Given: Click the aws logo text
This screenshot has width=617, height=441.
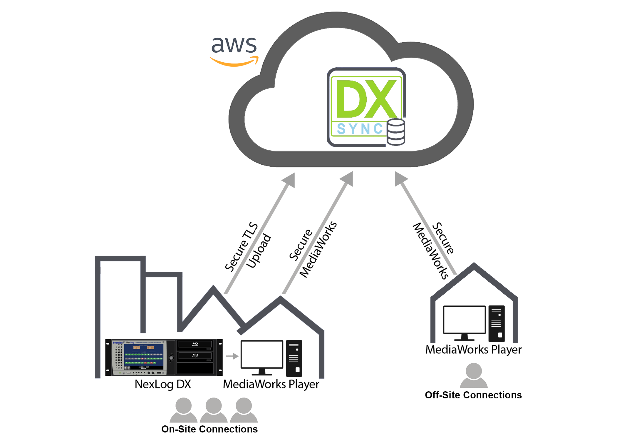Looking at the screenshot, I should click(x=234, y=45).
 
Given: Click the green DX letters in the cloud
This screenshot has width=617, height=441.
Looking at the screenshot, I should click(x=366, y=99).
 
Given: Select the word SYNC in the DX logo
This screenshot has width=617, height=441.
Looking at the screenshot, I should click(x=360, y=129).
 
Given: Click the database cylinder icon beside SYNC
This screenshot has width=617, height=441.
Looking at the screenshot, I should click(x=396, y=132).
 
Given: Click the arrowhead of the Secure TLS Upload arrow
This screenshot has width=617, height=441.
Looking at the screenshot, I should click(x=289, y=179).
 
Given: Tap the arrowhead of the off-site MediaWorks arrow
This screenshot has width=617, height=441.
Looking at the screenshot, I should click(x=400, y=178).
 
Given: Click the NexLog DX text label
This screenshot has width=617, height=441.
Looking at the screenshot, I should click(x=163, y=384).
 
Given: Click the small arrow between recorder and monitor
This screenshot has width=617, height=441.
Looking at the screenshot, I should click(x=232, y=356).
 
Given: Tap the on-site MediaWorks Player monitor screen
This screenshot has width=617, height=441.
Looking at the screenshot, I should click(x=262, y=354).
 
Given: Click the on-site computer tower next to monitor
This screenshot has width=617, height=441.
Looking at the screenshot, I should click(x=294, y=358).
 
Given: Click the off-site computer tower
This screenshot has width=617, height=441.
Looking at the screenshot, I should click(x=496, y=323).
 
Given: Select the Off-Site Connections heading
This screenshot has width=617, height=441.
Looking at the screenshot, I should click(x=473, y=395).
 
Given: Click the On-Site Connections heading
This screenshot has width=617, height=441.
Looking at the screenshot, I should click(x=209, y=429).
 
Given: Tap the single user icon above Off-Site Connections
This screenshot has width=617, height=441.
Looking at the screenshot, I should click(x=474, y=375).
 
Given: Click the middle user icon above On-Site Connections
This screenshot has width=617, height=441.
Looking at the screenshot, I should click(x=214, y=410).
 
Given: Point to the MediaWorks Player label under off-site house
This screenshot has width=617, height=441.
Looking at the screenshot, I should click(x=473, y=350).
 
